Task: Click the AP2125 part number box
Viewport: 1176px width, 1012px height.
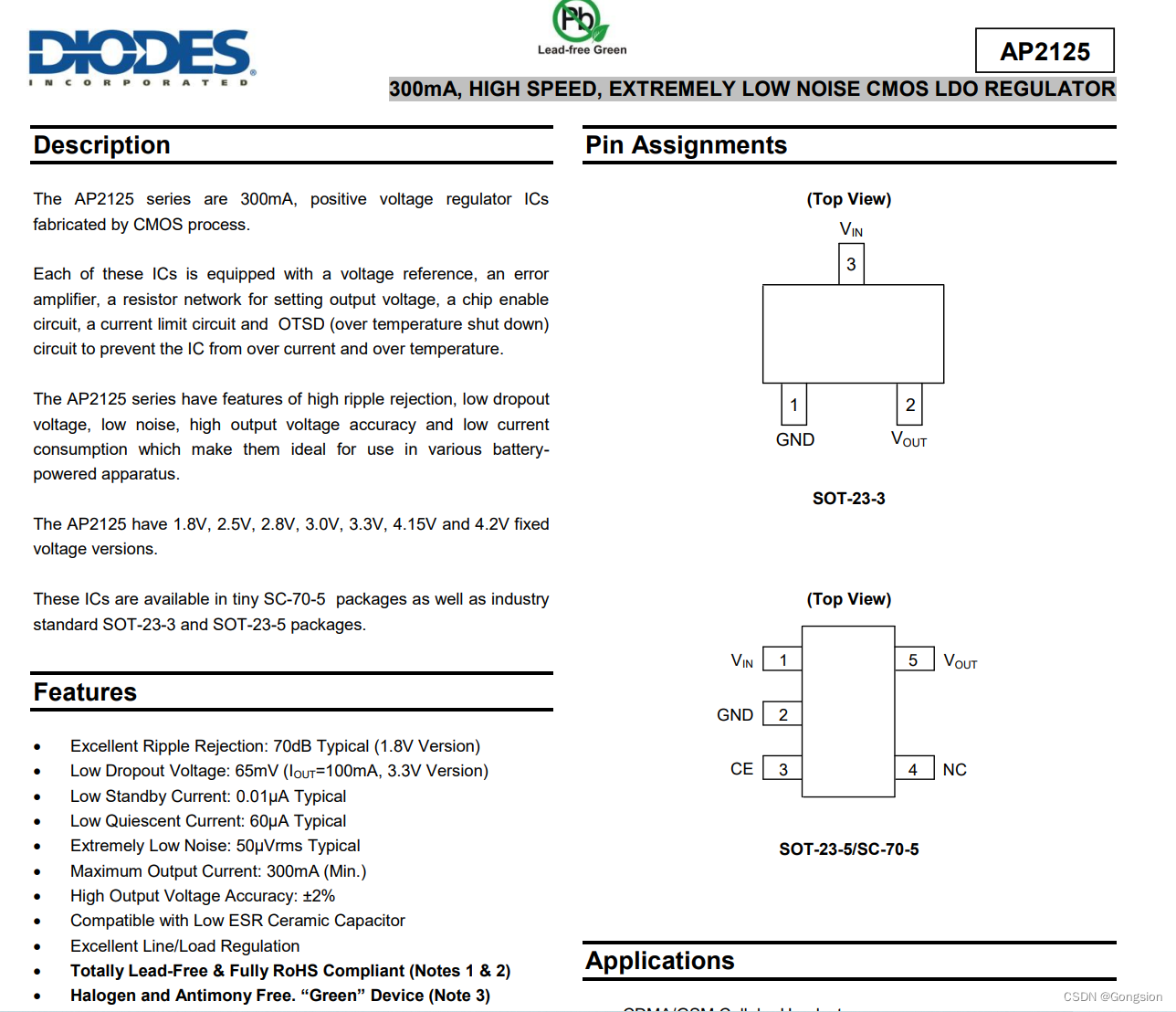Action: coord(1045,51)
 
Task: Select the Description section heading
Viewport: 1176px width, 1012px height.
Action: coord(102,145)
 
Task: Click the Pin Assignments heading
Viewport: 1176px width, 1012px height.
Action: coord(686,145)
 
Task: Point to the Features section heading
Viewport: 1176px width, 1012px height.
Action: coord(85,692)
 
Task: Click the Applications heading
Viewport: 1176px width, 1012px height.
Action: coord(660,961)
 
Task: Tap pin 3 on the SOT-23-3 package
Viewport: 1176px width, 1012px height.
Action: coord(851,265)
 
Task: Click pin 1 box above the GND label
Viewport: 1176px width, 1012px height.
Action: coord(793,405)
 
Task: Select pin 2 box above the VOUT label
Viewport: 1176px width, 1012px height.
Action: coord(909,405)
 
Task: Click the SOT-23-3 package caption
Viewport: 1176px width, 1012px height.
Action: coord(848,499)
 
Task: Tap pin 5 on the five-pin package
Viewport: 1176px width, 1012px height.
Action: coord(913,660)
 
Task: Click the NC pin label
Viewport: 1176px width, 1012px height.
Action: coord(954,770)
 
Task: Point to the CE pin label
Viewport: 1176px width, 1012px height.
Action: coord(741,769)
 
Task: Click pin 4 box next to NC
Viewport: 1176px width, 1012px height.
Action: coord(913,769)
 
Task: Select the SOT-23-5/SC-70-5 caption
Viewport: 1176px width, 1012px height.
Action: coord(848,849)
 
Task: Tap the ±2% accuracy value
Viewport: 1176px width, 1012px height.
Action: coord(319,896)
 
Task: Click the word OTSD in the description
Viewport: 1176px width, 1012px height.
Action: coord(301,324)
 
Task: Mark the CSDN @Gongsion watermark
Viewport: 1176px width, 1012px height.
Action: coord(1112,996)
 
